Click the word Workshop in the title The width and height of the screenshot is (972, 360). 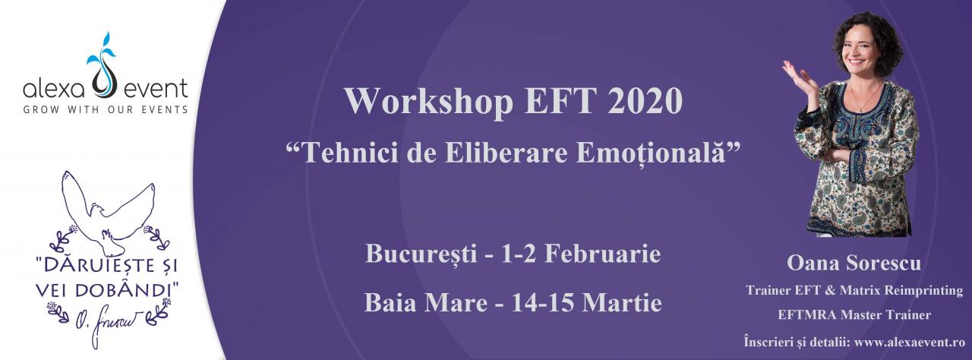(429, 102)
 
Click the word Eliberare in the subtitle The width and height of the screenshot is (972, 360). (506, 153)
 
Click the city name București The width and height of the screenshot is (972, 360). (421, 254)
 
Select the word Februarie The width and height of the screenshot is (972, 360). (602, 254)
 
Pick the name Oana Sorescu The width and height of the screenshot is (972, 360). (854, 264)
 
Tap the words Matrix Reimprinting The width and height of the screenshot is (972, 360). (901, 291)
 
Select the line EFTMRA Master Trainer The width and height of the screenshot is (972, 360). (854, 314)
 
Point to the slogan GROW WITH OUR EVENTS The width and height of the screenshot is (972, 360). (106, 109)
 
